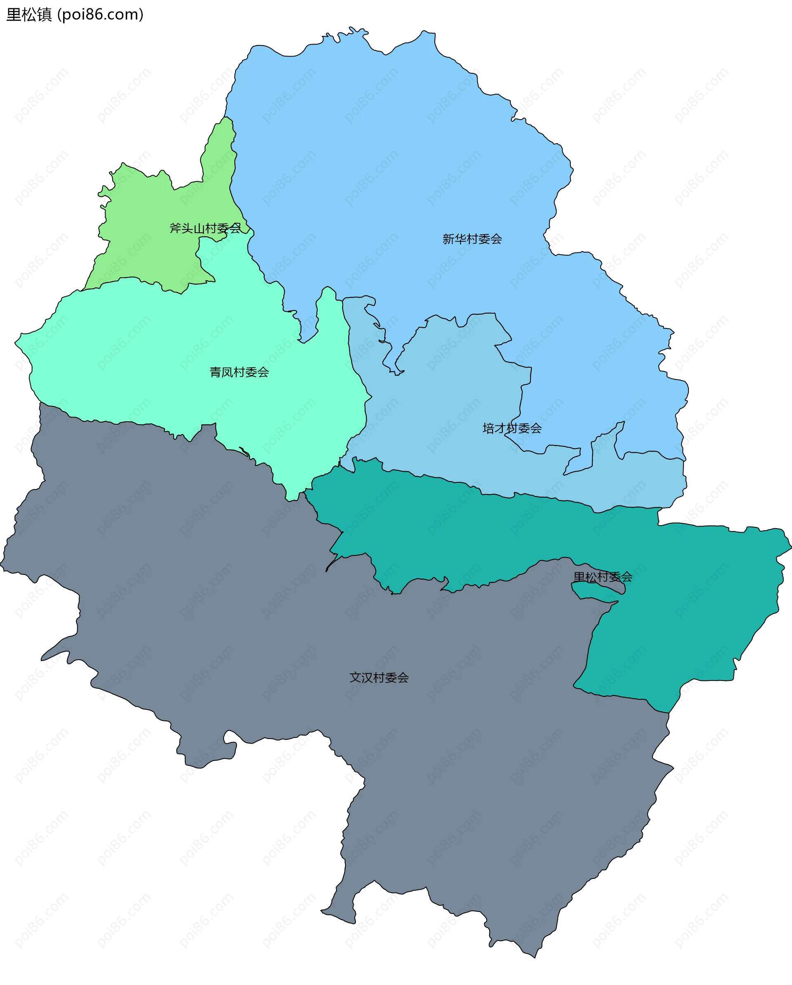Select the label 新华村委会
click(x=472, y=239)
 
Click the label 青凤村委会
click(x=239, y=372)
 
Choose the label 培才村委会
click(x=511, y=428)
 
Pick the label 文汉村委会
click(x=379, y=678)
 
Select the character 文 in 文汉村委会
click(x=355, y=678)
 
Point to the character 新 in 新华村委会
click(x=448, y=239)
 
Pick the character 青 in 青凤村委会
click(x=215, y=372)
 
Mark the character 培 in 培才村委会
click(x=488, y=428)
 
